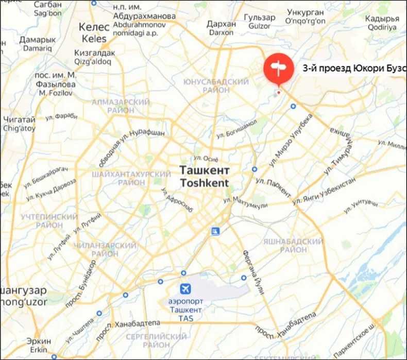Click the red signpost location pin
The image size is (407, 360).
tap(279, 68)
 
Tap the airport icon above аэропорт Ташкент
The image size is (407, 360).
tap(184, 289)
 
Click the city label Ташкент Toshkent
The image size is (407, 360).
tap(205, 176)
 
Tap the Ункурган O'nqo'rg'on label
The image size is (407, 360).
tap(306, 16)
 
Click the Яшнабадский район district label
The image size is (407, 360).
tap(300, 245)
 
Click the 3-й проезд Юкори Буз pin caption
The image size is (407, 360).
tap(353, 67)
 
